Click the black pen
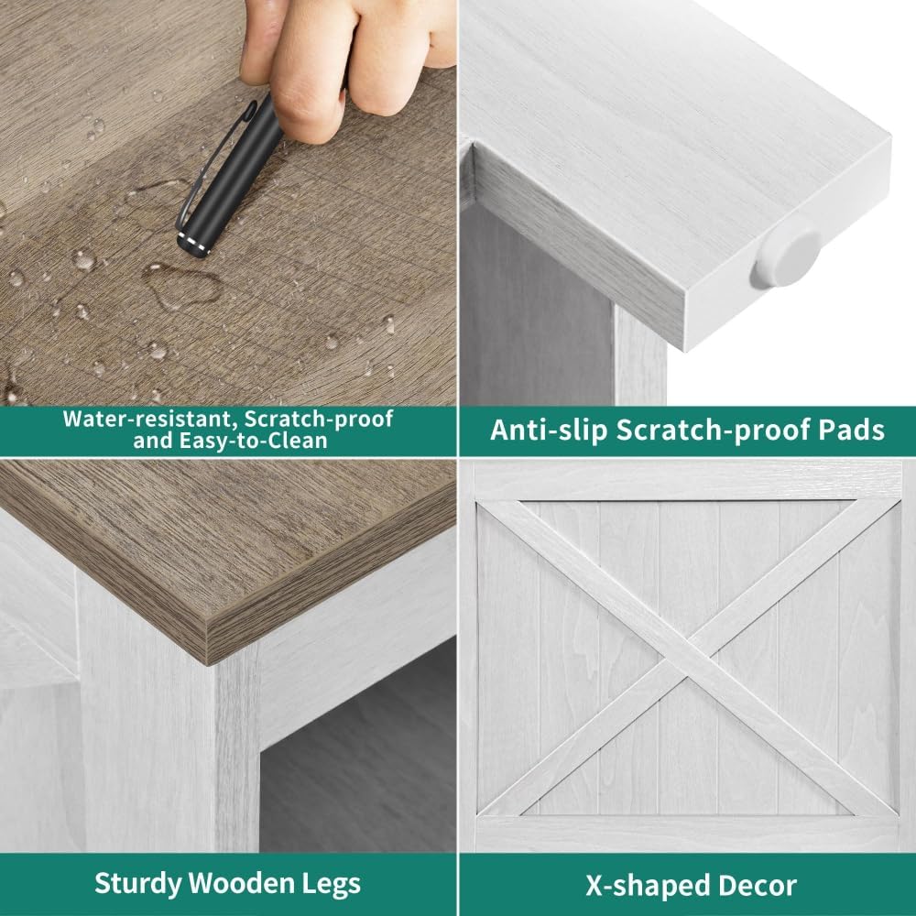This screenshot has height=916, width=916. (x=231, y=175)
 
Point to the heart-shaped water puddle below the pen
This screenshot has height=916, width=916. (x=182, y=286)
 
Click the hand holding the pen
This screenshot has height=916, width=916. (x=344, y=59)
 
